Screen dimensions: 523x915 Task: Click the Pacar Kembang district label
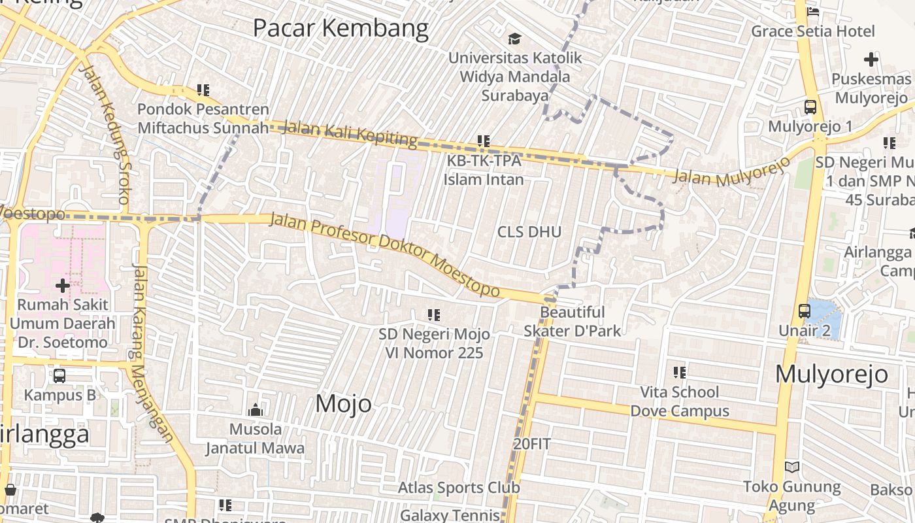341,28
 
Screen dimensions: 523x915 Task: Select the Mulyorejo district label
831,374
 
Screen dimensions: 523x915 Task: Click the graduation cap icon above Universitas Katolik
514,39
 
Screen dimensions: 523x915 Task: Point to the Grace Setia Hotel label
812,31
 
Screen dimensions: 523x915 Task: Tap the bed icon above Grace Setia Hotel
812,11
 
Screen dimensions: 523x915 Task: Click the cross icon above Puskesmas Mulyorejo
871,59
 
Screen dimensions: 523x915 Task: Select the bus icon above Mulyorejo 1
810,107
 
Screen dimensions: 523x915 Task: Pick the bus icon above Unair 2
804,311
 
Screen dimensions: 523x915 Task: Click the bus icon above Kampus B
59,376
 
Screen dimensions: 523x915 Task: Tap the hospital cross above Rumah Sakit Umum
63,286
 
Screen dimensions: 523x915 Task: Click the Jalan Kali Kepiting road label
350,133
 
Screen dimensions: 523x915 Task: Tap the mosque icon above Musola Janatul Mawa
255,410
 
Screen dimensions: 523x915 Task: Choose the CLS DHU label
529,232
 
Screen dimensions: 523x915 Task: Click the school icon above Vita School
680,373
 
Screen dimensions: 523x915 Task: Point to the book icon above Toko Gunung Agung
791,467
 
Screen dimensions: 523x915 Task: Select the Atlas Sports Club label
459,488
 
